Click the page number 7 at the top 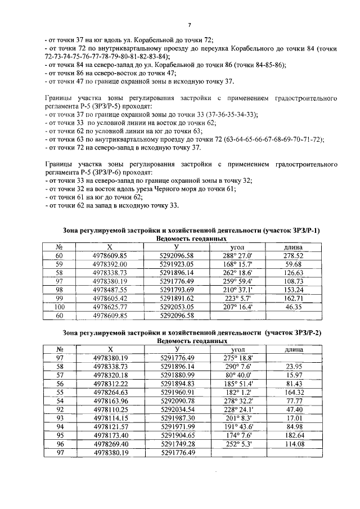tap(190, 25)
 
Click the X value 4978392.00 tap(110, 264)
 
